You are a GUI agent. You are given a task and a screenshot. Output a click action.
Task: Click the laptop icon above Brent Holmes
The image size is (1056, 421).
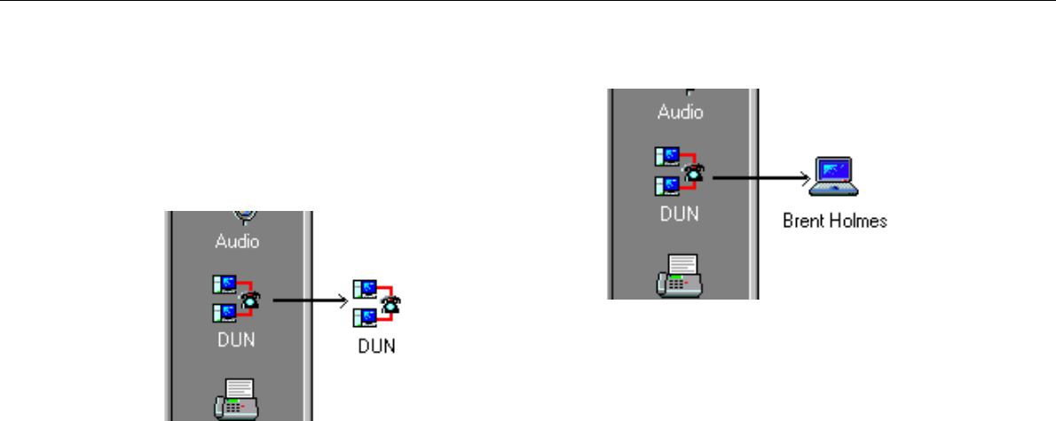coord(835,175)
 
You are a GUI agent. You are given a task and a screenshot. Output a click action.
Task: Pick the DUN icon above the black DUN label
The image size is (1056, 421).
coord(374,305)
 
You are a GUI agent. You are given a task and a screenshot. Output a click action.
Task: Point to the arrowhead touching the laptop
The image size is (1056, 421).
coord(807,176)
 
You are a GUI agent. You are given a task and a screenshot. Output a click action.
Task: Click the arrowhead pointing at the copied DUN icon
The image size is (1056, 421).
coord(343,300)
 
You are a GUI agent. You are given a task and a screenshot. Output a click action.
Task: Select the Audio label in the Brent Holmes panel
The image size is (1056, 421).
coord(680,113)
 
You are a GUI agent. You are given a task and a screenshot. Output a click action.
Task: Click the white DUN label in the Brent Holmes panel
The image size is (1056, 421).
coord(679,213)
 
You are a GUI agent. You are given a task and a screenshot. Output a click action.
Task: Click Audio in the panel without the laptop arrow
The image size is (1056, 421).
coord(238,239)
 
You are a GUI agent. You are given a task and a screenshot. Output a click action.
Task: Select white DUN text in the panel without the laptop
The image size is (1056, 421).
coord(237,340)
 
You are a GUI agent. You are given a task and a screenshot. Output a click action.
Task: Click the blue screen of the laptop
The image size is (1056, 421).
coord(835,169)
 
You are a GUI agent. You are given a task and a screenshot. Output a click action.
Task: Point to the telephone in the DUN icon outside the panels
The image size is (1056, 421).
coord(389,305)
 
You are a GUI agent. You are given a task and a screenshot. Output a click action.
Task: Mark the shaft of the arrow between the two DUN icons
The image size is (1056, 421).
coord(306,300)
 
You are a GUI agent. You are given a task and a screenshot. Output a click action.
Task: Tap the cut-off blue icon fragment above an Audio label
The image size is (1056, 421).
coord(246,214)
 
